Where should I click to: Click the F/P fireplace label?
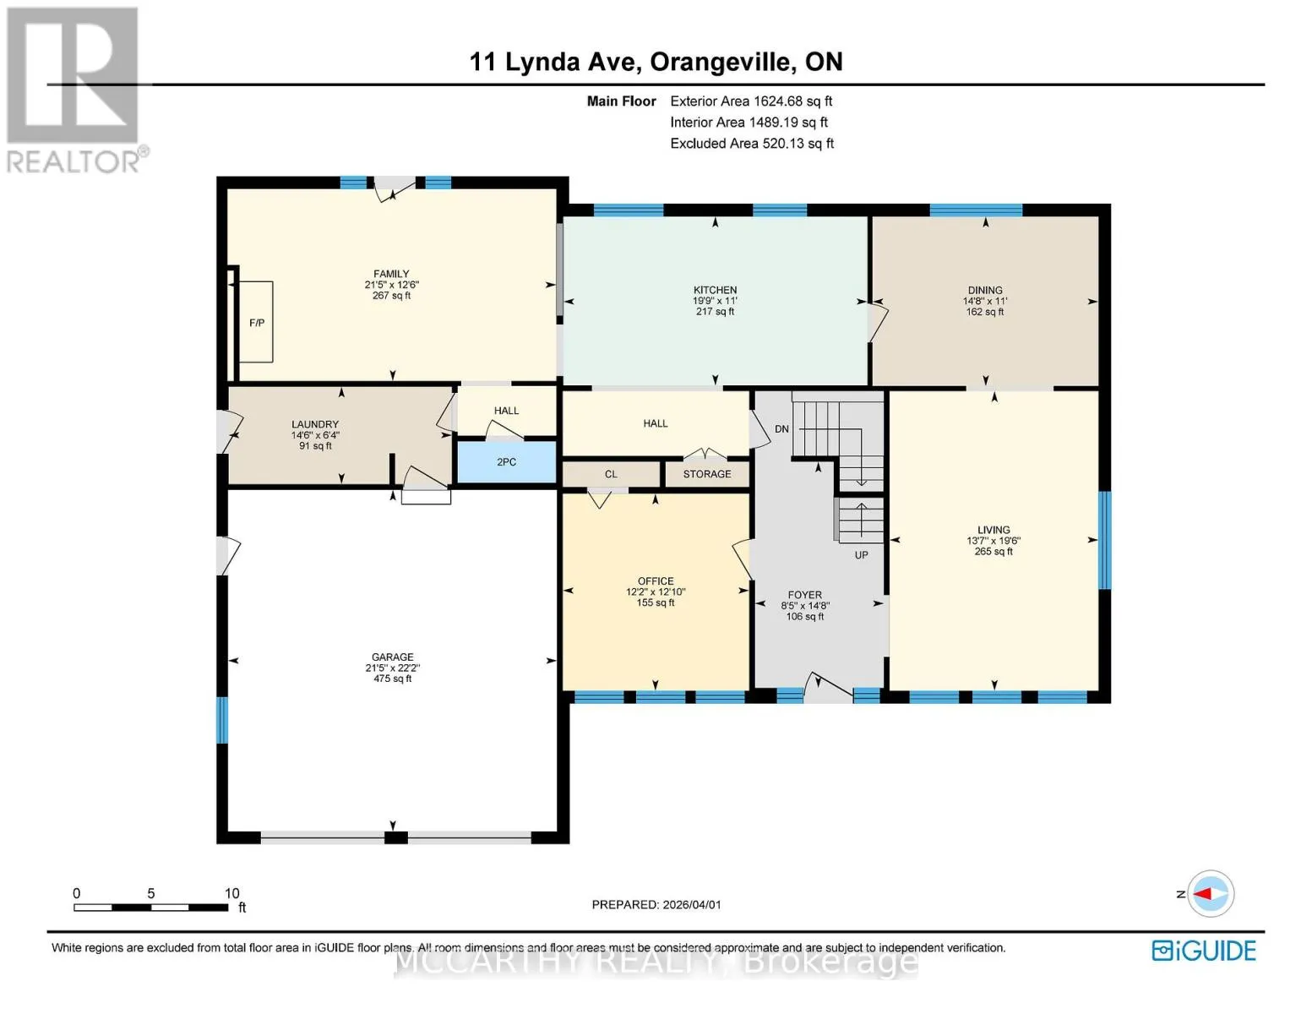point(257,323)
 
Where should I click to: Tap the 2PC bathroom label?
point(507,462)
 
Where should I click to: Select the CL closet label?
point(611,474)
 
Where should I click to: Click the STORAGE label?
point(707,474)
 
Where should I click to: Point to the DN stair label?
point(782,428)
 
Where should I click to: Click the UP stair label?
point(862,554)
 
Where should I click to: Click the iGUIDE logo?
point(1204,951)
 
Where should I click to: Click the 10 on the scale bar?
point(231,893)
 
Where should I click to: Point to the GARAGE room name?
point(393,657)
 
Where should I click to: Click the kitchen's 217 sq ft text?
point(715,312)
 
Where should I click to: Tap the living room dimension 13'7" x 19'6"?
point(994,541)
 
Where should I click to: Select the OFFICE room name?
point(656,581)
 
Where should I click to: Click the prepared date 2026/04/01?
point(692,905)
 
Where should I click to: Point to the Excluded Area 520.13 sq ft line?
point(752,144)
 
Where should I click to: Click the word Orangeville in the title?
point(721,62)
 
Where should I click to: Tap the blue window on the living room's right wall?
point(1104,540)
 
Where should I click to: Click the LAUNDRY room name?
point(315,424)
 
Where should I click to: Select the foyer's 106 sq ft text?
point(805,617)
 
